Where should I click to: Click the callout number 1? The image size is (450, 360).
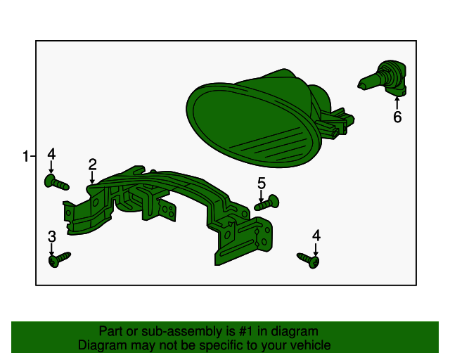click(26, 157)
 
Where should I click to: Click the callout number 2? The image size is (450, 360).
click(92, 165)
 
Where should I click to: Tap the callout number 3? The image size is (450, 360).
click(52, 236)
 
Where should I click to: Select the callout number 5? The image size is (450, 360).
click(262, 183)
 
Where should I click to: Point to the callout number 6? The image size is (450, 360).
click(397, 117)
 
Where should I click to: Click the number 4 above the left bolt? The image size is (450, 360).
click(51, 154)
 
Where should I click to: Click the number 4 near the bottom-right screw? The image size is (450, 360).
click(316, 236)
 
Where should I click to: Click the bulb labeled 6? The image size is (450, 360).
click(383, 77)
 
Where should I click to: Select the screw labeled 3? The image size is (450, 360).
click(59, 259)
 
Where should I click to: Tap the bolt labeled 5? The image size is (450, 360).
click(267, 202)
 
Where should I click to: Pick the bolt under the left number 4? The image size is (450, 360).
click(56, 182)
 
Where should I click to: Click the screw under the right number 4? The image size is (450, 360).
click(309, 260)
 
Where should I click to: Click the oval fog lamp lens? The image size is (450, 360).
click(252, 125)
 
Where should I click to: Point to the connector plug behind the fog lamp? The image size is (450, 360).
click(336, 122)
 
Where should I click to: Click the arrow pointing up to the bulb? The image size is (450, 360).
click(397, 103)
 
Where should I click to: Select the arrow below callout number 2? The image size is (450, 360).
click(92, 177)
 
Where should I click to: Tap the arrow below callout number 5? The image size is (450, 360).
click(261, 196)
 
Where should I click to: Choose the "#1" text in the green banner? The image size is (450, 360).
click(247, 331)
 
